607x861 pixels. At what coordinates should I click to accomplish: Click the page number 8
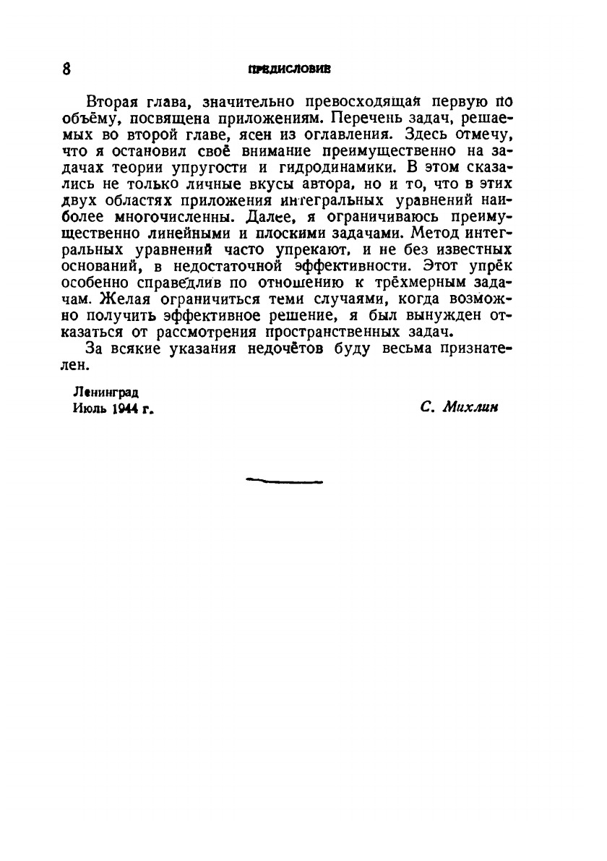66,69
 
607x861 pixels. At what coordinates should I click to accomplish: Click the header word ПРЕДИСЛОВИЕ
289,70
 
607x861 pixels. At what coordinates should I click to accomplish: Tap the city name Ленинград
106,393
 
